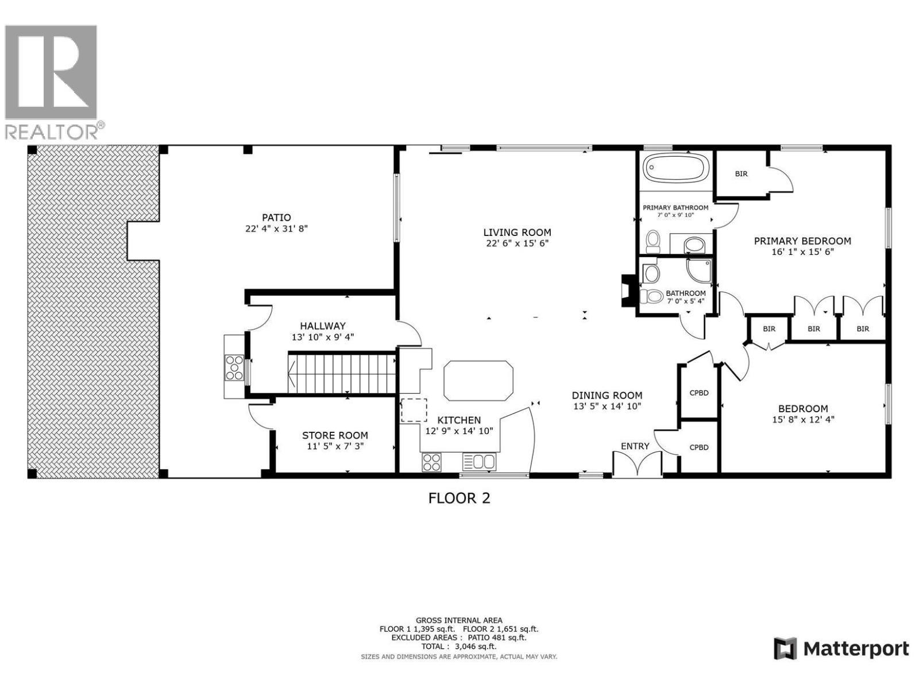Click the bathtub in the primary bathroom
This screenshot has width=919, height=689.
tap(675, 169)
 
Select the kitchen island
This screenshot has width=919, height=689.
tap(478, 381)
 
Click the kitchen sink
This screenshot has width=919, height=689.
tap(479, 462)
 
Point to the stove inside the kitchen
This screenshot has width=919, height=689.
tap(432, 462)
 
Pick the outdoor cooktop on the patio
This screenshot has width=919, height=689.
tap(234, 367)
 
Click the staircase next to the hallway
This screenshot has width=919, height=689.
tap(342, 373)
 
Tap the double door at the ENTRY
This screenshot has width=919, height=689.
tap(637, 464)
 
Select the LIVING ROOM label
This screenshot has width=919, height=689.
tap(517, 233)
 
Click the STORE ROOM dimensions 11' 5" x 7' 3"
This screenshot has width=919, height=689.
tap(335, 446)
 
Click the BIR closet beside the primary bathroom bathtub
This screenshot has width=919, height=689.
tap(742, 173)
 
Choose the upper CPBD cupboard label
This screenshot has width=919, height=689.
tap(698, 393)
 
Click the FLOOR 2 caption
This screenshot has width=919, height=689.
tap(459, 498)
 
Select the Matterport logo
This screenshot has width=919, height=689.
tap(841, 649)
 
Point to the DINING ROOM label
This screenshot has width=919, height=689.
tap(607, 395)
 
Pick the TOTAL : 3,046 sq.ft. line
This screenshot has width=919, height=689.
tap(459, 646)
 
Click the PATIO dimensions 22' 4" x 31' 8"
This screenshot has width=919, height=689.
tap(276, 229)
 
